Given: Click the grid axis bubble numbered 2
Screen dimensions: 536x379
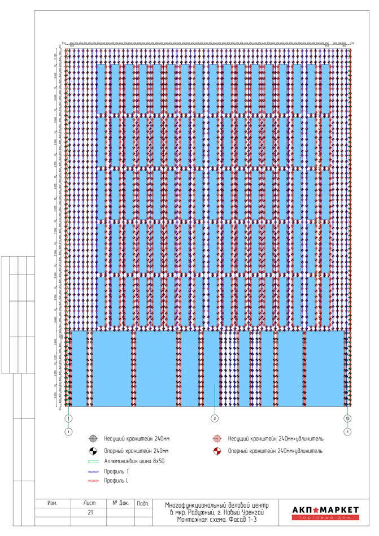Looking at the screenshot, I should pyautogui.click(x=214, y=419).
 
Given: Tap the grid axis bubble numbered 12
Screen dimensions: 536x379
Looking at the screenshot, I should pyautogui.click(x=348, y=419).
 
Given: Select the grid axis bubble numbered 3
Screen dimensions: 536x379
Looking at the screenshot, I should pyautogui.click(x=348, y=432).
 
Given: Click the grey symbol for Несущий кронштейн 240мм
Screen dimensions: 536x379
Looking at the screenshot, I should pyautogui.click(x=94, y=438).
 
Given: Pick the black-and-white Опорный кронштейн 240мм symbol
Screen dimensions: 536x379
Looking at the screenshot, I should pyautogui.click(x=94, y=451).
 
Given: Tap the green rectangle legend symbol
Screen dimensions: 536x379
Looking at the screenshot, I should pyautogui.click(x=94, y=461).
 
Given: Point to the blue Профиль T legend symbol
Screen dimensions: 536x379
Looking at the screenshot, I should pyautogui.click(x=94, y=471).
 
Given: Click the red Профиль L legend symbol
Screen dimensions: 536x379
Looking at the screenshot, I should pyautogui.click(x=94, y=481).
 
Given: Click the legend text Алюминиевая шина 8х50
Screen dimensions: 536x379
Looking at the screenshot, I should pyautogui.click(x=134, y=461).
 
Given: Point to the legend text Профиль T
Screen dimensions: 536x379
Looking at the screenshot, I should pyautogui.click(x=116, y=471).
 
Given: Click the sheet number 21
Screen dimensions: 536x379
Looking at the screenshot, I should pyautogui.click(x=89, y=513).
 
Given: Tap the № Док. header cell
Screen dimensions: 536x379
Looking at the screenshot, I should pyautogui.click(x=121, y=503).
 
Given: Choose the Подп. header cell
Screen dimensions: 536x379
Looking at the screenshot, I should pyautogui.click(x=143, y=503).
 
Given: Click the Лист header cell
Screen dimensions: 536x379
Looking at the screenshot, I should pyautogui.click(x=89, y=503).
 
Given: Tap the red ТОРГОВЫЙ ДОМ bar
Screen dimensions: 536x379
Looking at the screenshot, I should pyautogui.click(x=325, y=518).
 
